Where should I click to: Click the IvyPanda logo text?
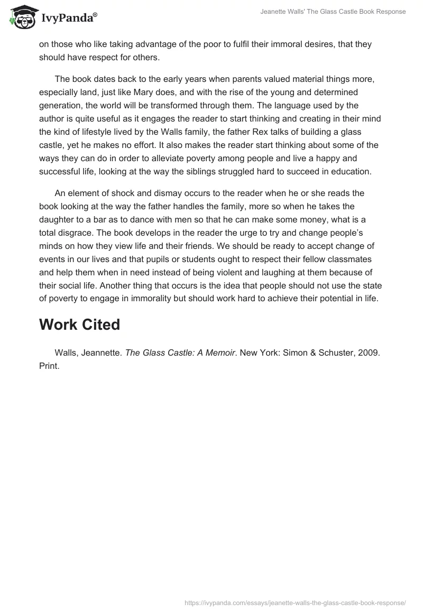click(69, 17)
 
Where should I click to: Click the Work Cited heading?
click(79, 324)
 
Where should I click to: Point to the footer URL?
click(295, 602)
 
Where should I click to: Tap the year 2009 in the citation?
click(369, 353)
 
